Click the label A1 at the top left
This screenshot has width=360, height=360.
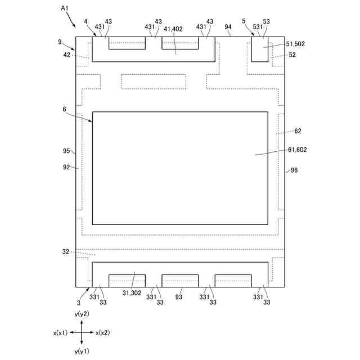coord(65,8)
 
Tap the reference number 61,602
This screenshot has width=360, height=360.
coord(297,150)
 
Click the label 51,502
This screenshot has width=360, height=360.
coord(295,43)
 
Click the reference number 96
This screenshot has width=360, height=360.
coord(294,170)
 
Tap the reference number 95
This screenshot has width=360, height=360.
coord(66,151)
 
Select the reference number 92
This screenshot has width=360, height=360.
coord(66,167)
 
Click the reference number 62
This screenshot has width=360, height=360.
coord(298,131)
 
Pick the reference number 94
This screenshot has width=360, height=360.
coord(228,26)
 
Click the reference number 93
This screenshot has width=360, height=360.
coord(179,297)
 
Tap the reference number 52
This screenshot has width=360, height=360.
coord(292,55)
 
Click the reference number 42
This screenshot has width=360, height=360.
coord(66,55)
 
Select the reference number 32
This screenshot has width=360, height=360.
coord(65,252)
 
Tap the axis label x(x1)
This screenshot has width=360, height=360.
coord(61,332)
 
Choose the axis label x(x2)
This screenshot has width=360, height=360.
coord(102,332)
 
